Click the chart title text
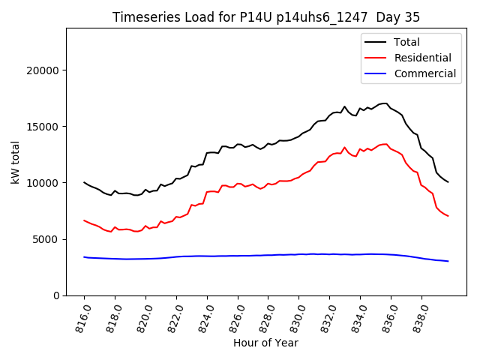(x=266, y=17)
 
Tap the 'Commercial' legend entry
(x=424, y=73)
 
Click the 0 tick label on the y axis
(x=56, y=295)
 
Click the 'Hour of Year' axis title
(x=265, y=343)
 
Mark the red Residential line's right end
(x=448, y=216)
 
